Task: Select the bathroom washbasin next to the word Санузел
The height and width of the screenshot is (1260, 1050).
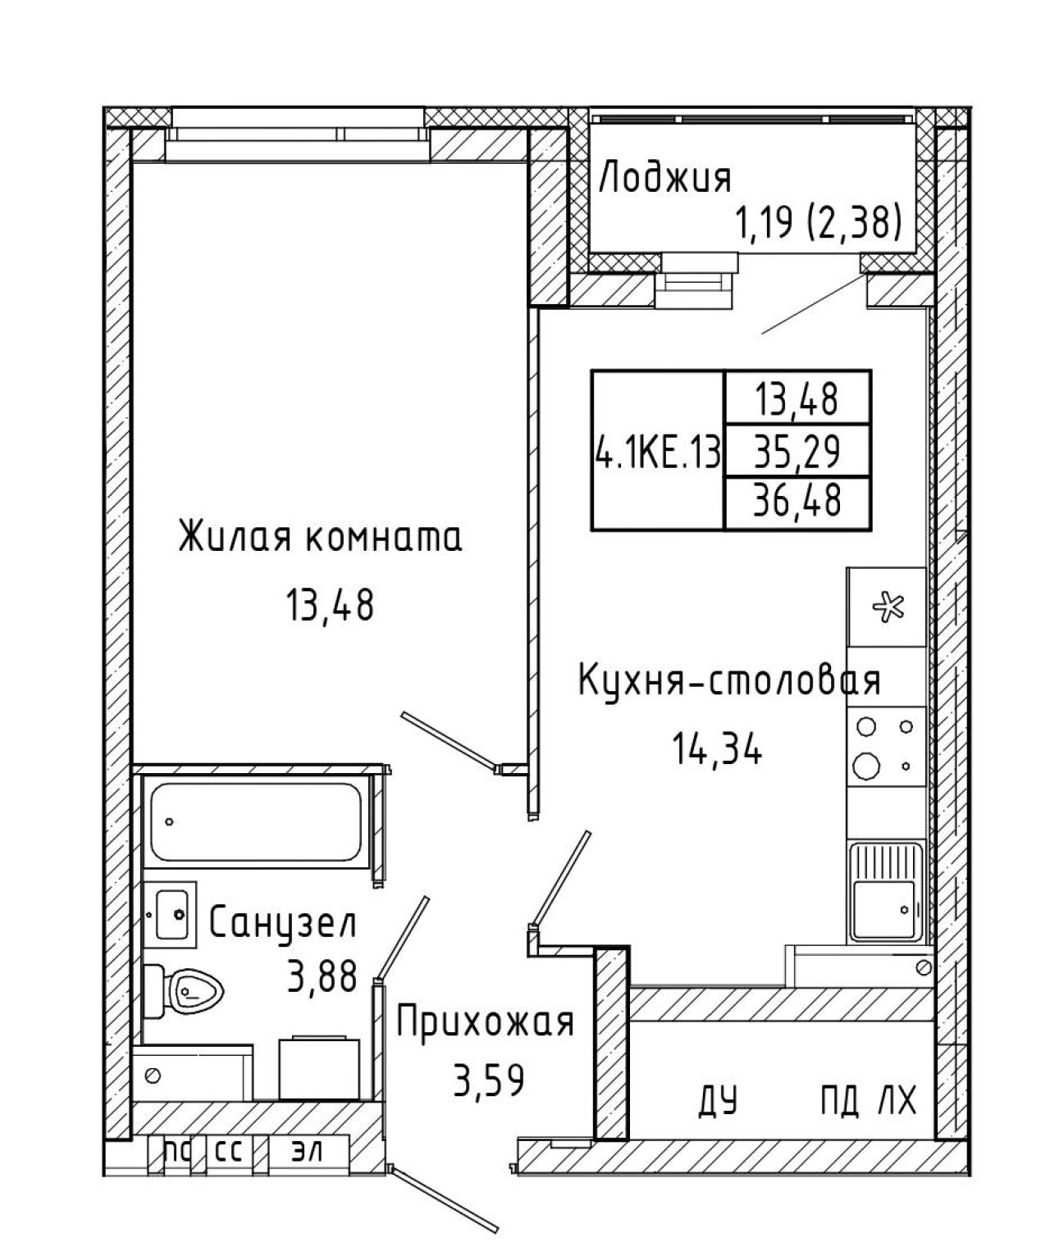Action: [171, 914]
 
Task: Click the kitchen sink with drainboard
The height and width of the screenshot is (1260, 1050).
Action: [886, 893]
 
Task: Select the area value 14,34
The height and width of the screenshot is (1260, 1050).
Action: [717, 750]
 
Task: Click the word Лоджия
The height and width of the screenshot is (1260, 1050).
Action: [664, 177]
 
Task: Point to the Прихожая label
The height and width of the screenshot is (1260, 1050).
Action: [485, 1021]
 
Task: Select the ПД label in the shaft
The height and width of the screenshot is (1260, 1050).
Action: [839, 1099]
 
